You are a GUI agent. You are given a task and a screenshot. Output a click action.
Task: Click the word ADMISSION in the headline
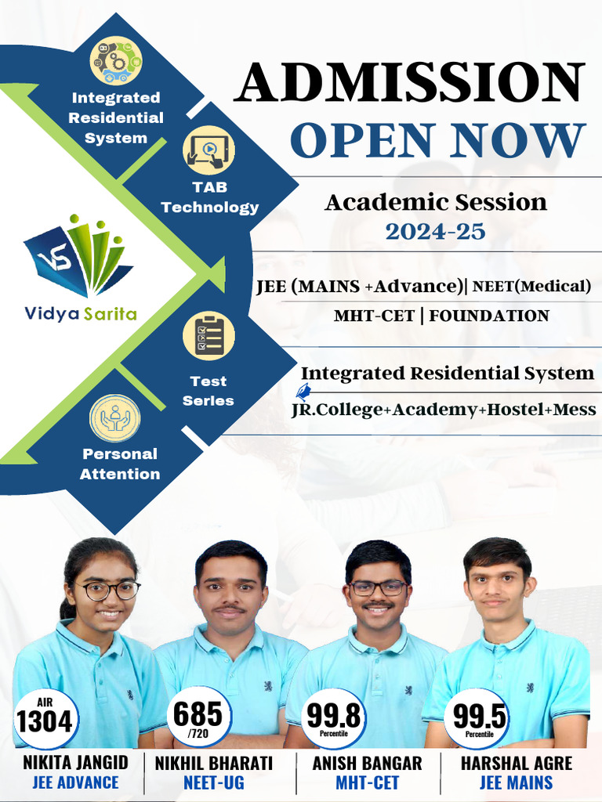coord(411,83)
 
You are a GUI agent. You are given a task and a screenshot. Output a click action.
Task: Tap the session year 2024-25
coord(435,231)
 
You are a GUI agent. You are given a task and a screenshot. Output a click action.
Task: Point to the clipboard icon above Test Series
coord(209,335)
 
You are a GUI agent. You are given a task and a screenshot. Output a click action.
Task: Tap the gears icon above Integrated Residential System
coord(116,60)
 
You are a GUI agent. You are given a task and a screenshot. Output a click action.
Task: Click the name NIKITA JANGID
coord(76,762)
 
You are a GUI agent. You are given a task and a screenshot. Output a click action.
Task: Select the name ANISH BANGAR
coord(367,762)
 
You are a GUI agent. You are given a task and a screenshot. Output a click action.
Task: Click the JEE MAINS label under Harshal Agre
coord(516,782)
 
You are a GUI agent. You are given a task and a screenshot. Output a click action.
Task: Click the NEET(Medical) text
coord(531,287)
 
